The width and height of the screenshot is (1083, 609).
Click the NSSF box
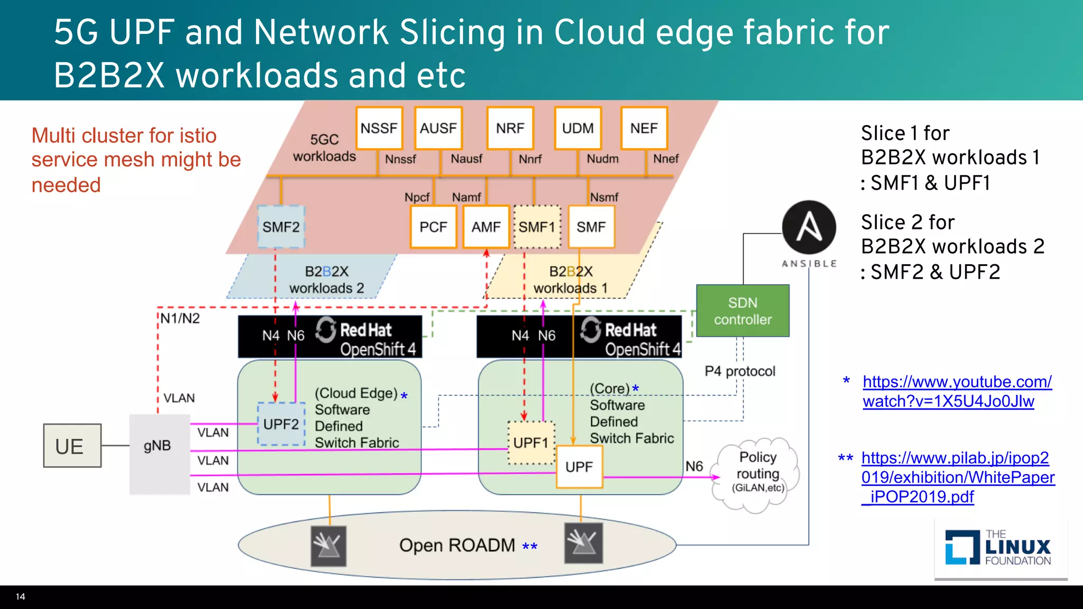point(379,128)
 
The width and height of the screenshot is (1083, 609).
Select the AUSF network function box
point(438,128)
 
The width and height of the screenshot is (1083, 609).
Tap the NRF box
point(510,128)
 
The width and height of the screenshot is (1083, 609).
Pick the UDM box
point(578,128)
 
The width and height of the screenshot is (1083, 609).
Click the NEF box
point(644,128)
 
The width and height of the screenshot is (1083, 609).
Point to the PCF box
point(434,227)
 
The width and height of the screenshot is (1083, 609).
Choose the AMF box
point(486,227)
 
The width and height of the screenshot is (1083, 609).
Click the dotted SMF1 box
point(537,227)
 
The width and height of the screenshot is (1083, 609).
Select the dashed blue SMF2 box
point(281,227)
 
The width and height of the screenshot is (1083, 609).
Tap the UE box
point(72,446)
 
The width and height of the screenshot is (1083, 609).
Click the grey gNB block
point(159,454)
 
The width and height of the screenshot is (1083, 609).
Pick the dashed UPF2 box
point(281,424)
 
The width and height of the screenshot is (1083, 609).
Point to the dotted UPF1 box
point(531,442)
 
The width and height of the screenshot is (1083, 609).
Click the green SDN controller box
point(742,311)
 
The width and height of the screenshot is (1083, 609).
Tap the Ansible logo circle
point(809,227)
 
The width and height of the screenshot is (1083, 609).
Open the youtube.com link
point(957,391)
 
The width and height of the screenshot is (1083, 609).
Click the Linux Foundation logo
point(999,548)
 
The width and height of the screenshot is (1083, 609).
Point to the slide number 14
point(21,597)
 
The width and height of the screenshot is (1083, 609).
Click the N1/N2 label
point(180,318)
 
